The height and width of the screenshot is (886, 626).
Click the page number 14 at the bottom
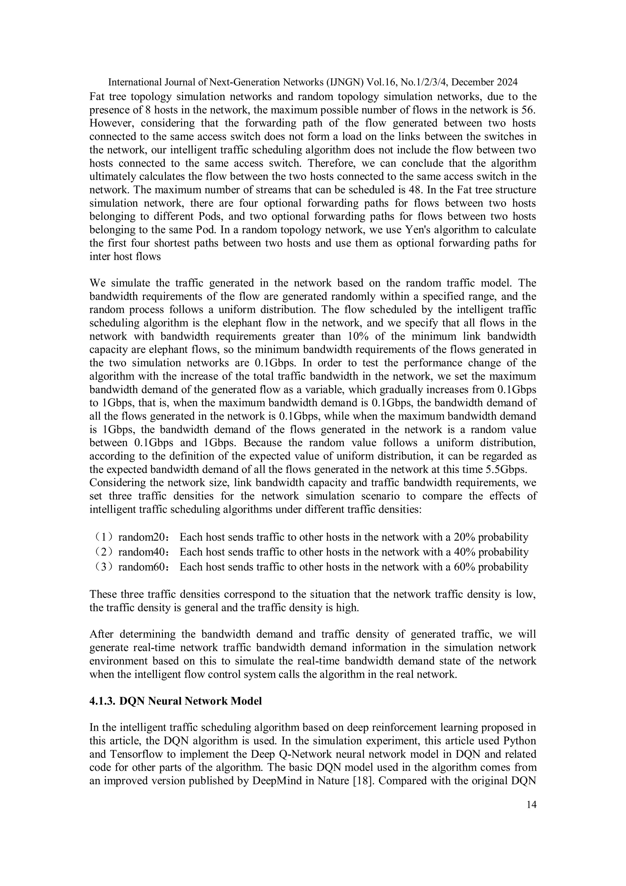531,805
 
